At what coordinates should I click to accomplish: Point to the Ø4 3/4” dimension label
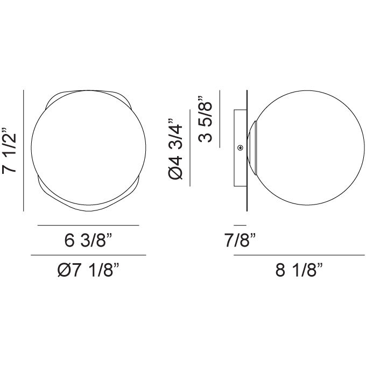[x=175, y=149]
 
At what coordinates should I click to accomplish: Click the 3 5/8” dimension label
[x=205, y=118]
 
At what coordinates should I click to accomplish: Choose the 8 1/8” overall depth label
[x=299, y=270]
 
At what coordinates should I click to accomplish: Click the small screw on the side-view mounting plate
[x=240, y=148]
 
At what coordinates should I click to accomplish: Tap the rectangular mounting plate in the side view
[x=240, y=148]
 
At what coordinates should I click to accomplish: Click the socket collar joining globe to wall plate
[x=252, y=148]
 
